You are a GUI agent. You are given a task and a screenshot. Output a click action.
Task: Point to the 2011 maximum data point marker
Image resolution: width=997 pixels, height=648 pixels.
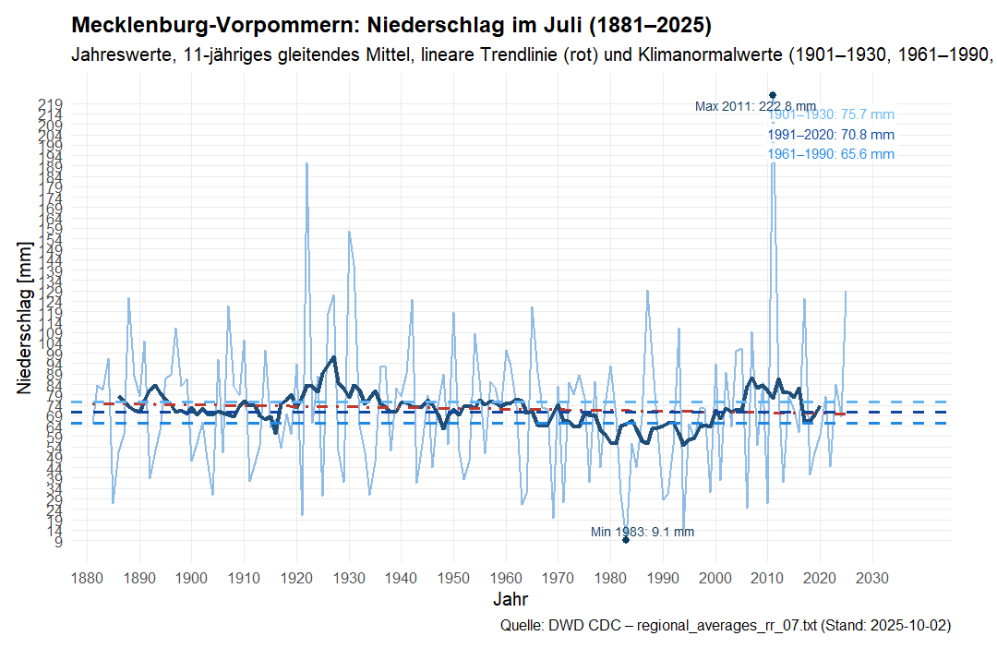(x=773, y=95)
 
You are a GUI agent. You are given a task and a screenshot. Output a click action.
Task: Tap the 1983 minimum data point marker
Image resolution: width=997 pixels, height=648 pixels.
(x=626, y=540)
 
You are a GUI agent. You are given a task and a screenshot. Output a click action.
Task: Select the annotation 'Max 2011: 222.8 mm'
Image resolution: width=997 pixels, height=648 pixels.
(x=755, y=106)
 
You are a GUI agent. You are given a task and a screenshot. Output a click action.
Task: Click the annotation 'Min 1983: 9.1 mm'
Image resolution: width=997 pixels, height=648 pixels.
(x=643, y=532)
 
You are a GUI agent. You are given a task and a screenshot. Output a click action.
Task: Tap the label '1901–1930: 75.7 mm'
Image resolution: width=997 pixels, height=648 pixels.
(x=832, y=115)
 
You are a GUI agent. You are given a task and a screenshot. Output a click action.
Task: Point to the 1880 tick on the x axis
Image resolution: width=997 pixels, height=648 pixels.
(x=87, y=579)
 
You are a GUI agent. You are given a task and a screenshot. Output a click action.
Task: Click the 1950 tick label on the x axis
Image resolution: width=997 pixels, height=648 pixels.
(x=453, y=579)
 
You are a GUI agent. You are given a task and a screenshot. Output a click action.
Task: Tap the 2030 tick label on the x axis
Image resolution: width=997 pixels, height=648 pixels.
(x=872, y=579)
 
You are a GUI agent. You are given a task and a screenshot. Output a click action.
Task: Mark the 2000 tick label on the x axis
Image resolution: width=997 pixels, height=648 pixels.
(x=715, y=579)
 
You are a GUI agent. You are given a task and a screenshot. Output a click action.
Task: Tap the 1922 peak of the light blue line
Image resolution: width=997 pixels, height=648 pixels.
(x=306, y=162)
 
